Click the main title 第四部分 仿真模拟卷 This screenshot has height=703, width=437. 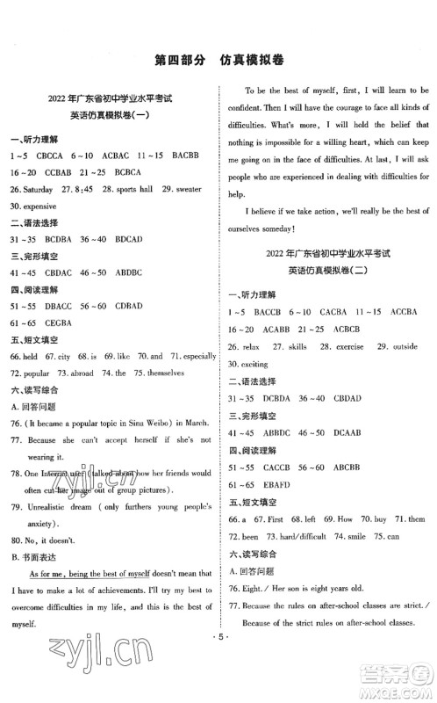pyautogui.click(x=218, y=60)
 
